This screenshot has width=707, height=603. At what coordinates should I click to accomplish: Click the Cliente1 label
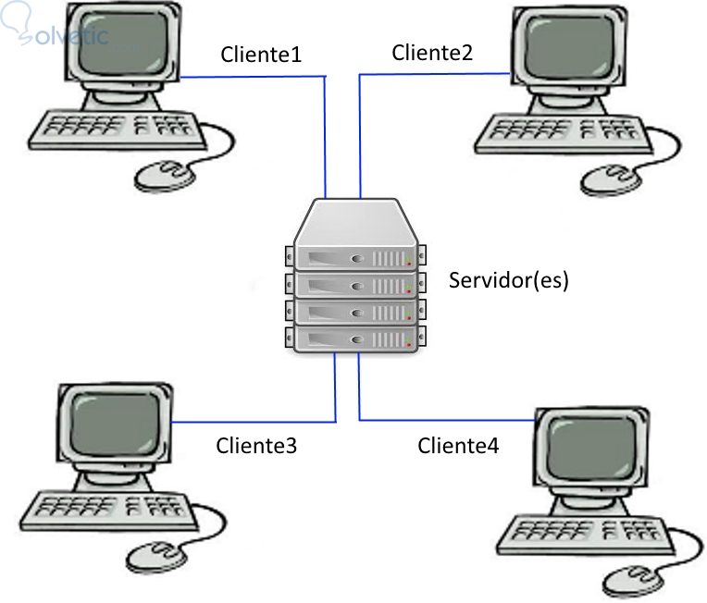pyautogui.click(x=261, y=55)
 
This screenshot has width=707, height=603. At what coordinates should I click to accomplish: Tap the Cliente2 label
pyautogui.click(x=432, y=53)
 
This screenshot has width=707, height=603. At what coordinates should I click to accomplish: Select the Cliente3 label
pyautogui.click(x=256, y=446)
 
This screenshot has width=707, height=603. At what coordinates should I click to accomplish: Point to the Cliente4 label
pyautogui.click(x=458, y=446)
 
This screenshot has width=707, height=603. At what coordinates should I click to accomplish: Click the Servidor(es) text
pyautogui.click(x=508, y=279)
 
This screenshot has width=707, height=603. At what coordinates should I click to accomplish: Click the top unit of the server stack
pyautogui.click(x=356, y=255)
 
